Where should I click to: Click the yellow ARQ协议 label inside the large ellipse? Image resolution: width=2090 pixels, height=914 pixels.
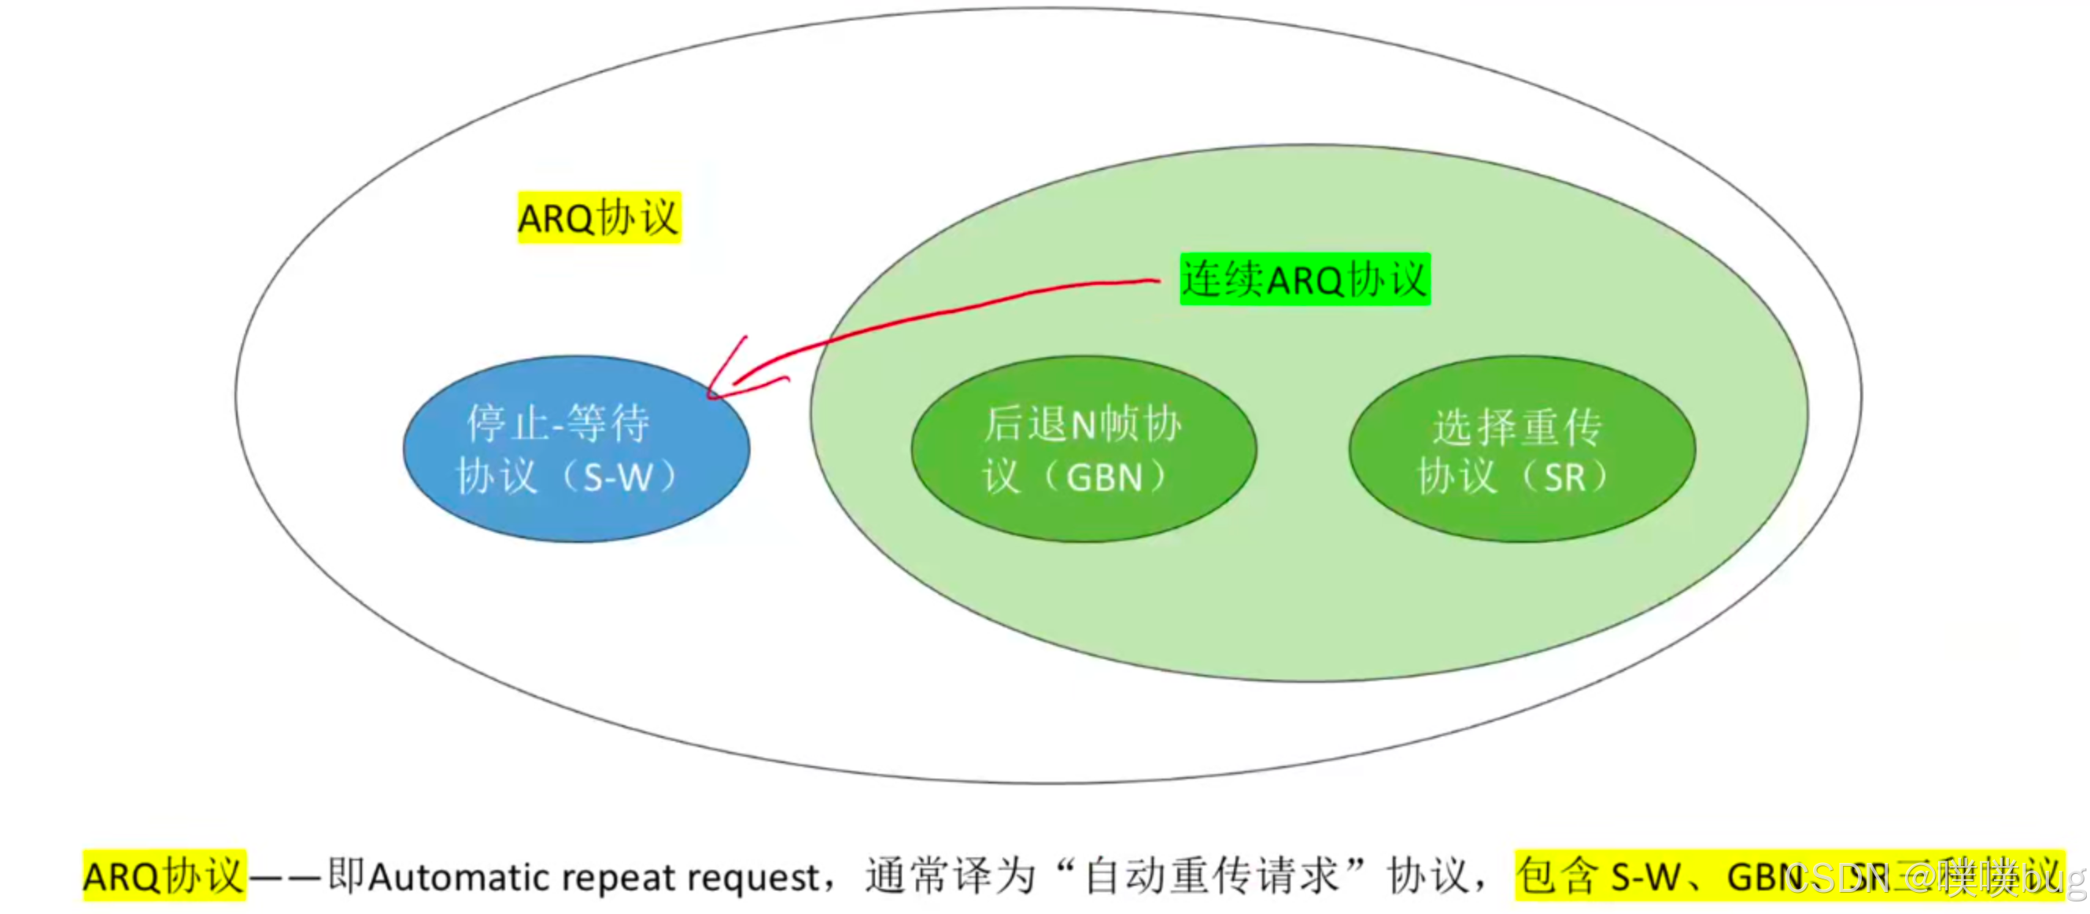click(x=599, y=217)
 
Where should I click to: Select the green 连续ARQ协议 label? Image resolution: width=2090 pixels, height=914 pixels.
click(x=1304, y=279)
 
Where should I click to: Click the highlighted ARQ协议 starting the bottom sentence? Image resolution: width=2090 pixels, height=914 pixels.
click(x=163, y=876)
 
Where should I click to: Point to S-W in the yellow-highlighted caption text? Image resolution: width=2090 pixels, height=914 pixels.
click(x=1645, y=877)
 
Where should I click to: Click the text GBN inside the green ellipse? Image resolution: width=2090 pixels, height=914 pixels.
click(x=1104, y=477)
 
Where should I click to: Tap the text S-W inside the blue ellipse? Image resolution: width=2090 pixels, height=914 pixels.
click(x=619, y=477)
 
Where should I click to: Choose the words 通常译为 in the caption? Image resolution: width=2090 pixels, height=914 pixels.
click(x=949, y=876)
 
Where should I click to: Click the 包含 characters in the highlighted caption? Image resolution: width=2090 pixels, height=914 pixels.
click(x=1558, y=876)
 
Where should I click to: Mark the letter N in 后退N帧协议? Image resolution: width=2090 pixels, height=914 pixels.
click(x=1084, y=424)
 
